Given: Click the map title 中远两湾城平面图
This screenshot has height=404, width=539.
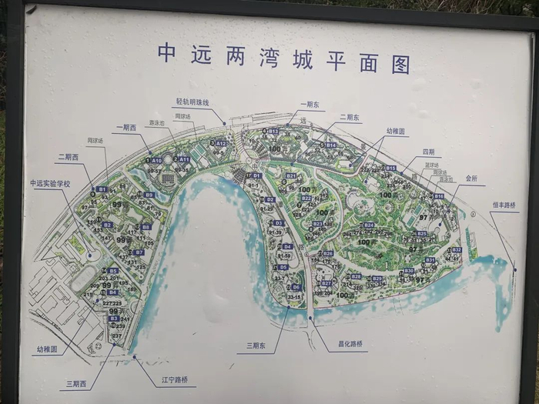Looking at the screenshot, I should click(283, 57).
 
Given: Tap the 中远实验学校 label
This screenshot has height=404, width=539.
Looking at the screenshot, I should click(50, 183).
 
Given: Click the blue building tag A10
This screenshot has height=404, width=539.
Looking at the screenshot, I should click(156, 160).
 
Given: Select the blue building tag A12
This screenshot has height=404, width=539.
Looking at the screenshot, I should click(221, 143).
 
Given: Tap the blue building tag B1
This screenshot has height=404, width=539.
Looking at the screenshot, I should click(101, 189).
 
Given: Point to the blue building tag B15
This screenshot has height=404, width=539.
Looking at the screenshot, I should click(390, 168).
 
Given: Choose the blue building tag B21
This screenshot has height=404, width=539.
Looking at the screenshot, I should click(291, 176).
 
